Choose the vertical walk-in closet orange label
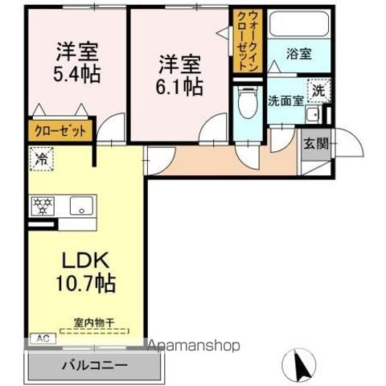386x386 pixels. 246,41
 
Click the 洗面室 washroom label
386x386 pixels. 285,102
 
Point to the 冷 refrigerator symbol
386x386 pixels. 39,159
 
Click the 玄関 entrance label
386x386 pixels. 314,145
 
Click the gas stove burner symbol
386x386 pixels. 43,206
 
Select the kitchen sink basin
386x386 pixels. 81,206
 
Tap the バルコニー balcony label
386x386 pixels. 94,365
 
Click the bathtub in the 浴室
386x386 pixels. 298,26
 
